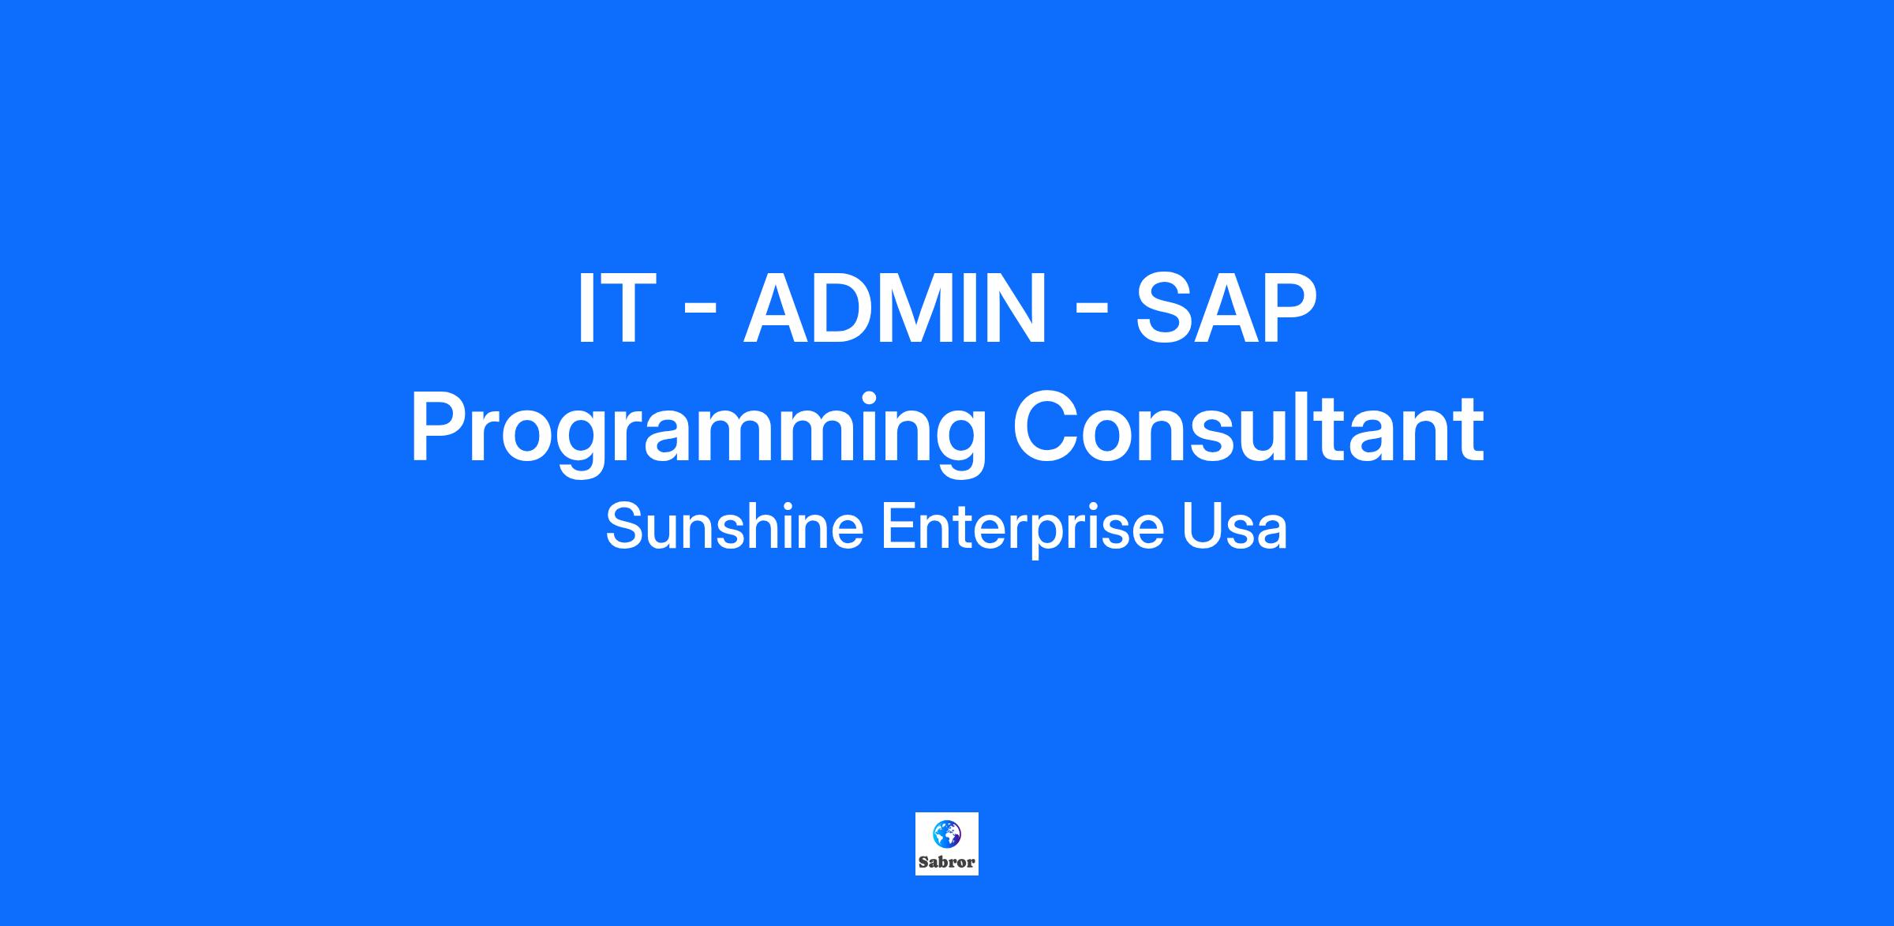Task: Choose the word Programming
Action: point(698,434)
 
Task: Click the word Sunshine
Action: point(735,527)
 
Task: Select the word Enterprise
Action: point(1022,530)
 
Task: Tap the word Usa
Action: point(1234,527)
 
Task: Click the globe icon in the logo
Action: point(946,834)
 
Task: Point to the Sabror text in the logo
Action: point(947,862)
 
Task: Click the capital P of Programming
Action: point(440,427)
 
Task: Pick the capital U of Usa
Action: point(1200,528)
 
